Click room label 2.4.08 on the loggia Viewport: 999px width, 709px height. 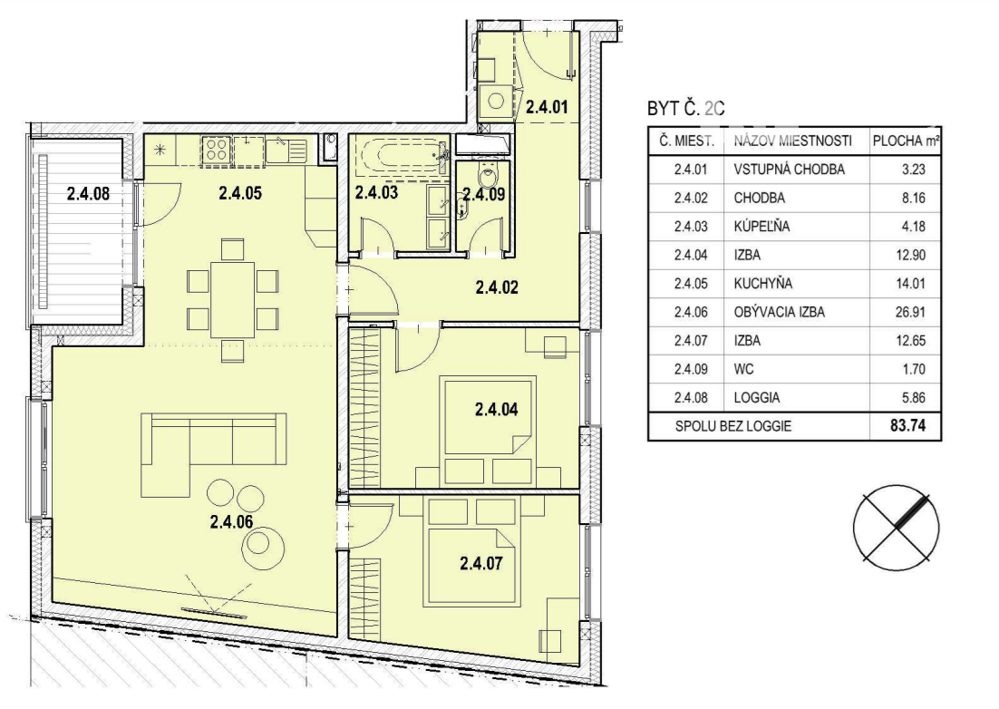tap(88, 192)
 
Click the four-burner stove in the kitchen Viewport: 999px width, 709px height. tap(217, 151)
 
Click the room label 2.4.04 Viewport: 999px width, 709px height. tap(496, 409)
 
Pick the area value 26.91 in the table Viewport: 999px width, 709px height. tap(910, 312)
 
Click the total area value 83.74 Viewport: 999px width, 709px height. tap(907, 425)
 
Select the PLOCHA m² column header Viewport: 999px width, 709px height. tap(906, 141)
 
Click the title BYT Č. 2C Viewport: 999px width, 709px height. tap(686, 108)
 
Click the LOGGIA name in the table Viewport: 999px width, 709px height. tap(757, 397)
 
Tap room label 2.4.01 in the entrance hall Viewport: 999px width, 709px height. tap(547, 106)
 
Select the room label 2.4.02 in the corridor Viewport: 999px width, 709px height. tap(497, 287)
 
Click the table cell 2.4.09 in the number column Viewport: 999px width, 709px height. tap(691, 369)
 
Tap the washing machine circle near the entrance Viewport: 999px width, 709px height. tap(496, 101)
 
